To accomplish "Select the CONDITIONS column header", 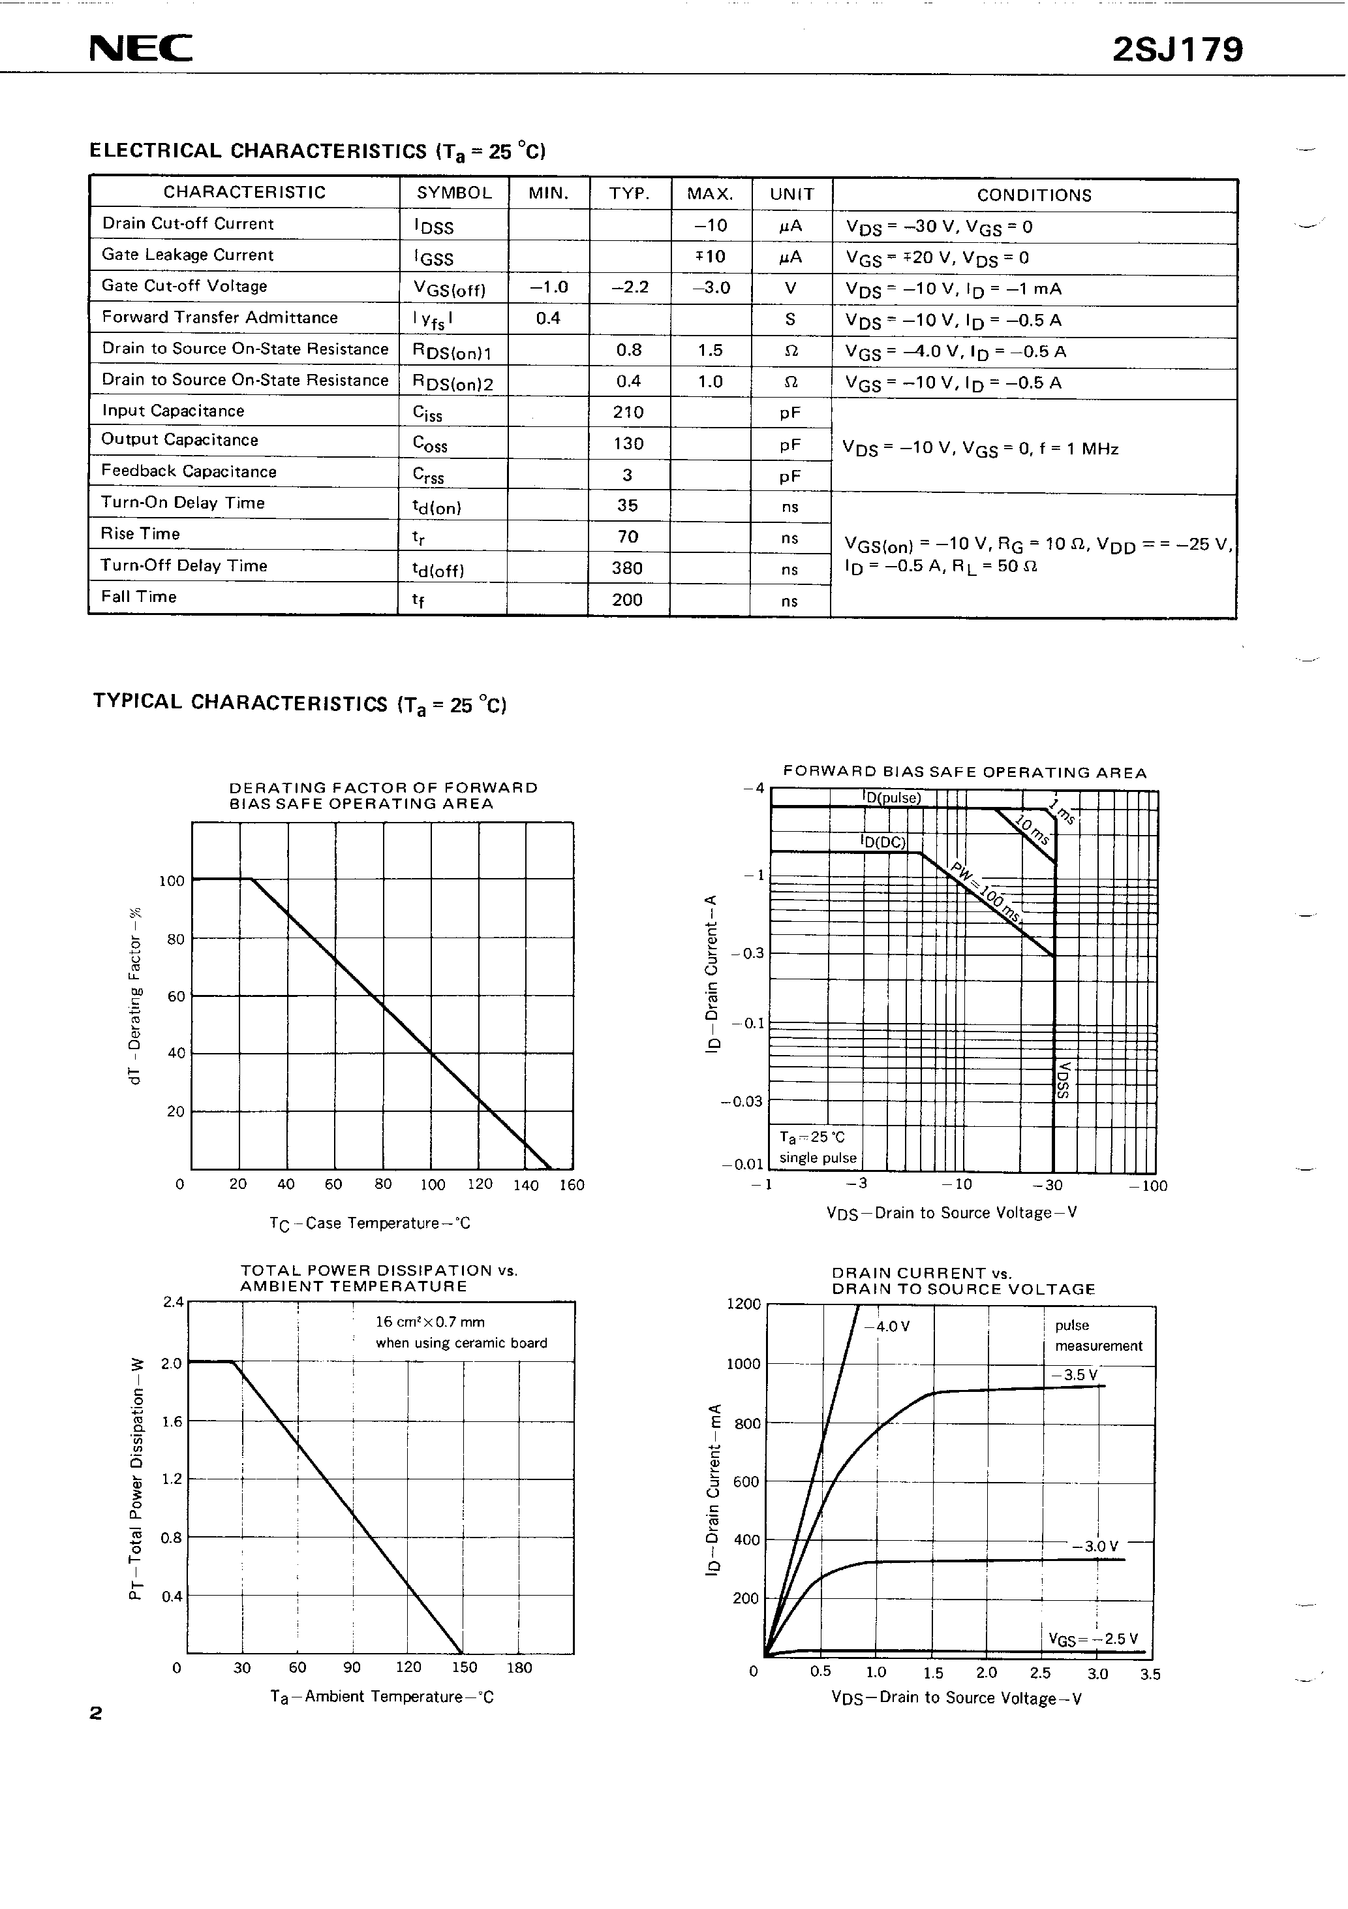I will coord(1034,195).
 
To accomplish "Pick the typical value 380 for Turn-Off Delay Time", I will coord(628,568).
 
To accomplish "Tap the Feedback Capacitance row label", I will coord(189,471).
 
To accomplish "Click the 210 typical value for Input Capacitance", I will coord(628,413).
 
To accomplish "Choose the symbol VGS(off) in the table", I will coord(449,289).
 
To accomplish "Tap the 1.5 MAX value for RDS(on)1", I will coord(710,350).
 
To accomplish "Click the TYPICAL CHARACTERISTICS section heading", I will coord(299,702).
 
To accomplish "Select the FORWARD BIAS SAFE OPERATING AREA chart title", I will coord(964,772).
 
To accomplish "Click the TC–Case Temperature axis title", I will coord(370,1223).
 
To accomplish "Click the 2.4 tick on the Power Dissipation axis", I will coord(173,1302).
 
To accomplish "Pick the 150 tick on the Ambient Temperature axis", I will coord(464,1667).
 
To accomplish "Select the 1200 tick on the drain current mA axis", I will coord(743,1304).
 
